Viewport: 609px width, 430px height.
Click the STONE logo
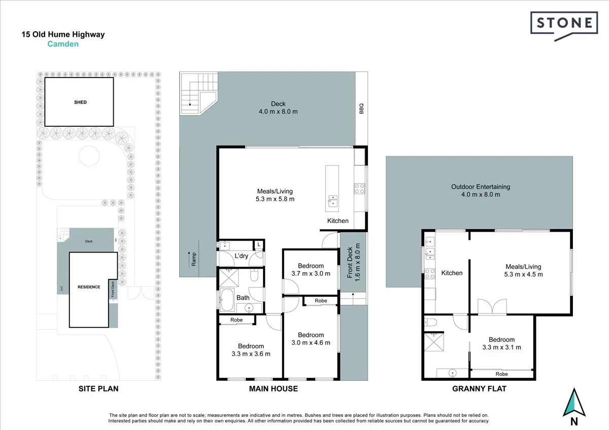point(563,23)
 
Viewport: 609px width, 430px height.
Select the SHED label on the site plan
point(80,102)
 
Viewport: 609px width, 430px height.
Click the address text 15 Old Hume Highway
point(63,35)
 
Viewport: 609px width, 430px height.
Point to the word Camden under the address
point(63,44)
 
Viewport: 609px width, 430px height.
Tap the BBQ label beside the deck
point(361,108)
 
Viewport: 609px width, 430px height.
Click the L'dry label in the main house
point(241,256)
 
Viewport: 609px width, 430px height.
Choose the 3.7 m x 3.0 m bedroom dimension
point(311,273)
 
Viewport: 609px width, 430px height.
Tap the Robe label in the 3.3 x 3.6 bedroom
point(236,320)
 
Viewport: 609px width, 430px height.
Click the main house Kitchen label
point(337,221)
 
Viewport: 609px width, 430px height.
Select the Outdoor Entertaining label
point(480,187)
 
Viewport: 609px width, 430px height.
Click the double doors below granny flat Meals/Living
point(493,307)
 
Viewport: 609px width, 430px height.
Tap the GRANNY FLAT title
point(479,389)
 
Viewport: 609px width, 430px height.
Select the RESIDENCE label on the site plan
point(89,287)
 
